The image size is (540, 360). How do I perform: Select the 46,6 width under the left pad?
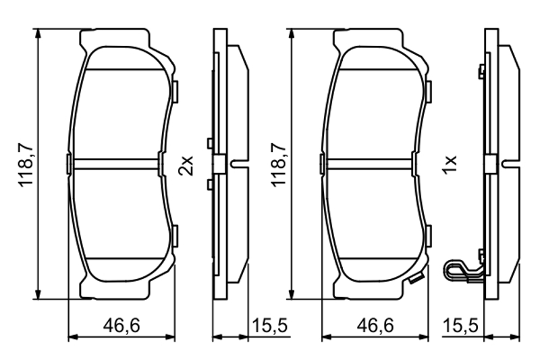point(122,326)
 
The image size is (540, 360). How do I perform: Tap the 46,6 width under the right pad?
point(375,326)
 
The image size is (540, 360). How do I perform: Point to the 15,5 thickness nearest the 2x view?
point(269,326)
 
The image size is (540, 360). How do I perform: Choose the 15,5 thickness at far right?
point(460,326)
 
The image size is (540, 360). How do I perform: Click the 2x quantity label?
point(186,165)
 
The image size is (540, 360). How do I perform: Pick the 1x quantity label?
point(450,165)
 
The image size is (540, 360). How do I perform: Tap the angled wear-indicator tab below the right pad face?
point(416,278)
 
